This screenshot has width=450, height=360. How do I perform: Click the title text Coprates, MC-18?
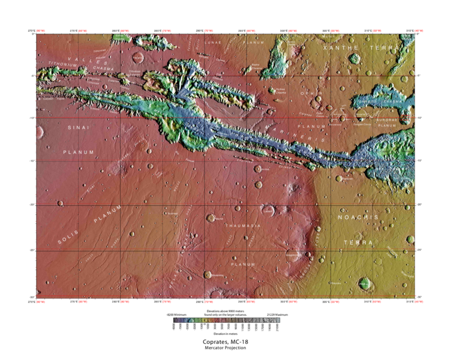click(225, 342)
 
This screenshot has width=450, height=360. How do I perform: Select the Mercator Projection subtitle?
click(225, 348)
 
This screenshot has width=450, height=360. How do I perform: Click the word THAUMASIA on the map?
click(243, 226)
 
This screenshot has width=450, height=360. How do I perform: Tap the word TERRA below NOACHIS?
click(358, 242)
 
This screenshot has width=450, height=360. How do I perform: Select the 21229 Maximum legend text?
click(268, 314)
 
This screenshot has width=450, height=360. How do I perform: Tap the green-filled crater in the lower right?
click(363, 283)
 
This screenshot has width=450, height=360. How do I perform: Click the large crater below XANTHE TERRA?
click(355, 59)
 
